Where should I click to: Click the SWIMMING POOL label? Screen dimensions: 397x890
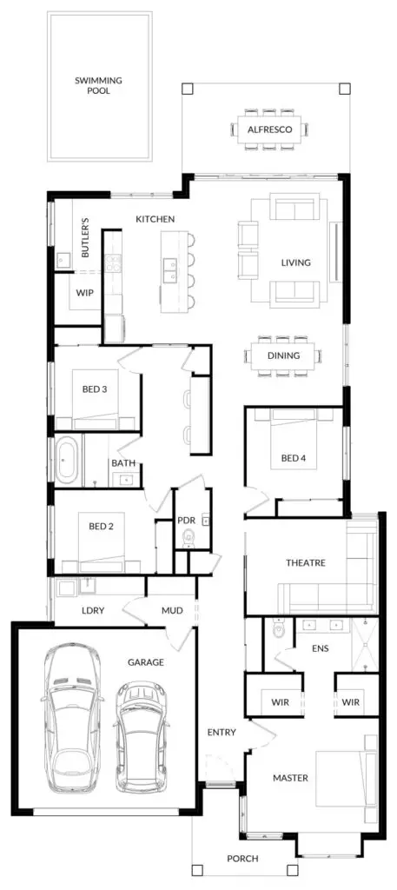click(99, 85)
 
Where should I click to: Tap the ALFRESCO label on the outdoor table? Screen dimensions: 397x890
click(270, 130)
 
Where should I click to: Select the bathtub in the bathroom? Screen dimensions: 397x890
click(67, 461)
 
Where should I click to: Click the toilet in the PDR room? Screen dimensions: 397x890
click(189, 538)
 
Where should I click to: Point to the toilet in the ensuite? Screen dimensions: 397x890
click(279, 629)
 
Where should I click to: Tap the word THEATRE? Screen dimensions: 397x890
click(306, 563)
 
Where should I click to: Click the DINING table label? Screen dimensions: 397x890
click(283, 356)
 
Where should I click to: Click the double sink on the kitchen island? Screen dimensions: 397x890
click(169, 270)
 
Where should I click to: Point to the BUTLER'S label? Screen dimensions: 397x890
click(86, 237)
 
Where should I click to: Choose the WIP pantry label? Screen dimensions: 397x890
click(84, 293)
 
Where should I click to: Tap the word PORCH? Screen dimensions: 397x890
click(242, 859)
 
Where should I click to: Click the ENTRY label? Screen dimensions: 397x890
click(222, 732)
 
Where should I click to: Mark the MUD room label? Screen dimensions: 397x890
click(172, 611)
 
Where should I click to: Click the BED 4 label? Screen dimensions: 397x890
click(294, 458)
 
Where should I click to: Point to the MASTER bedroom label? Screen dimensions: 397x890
click(290, 778)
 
